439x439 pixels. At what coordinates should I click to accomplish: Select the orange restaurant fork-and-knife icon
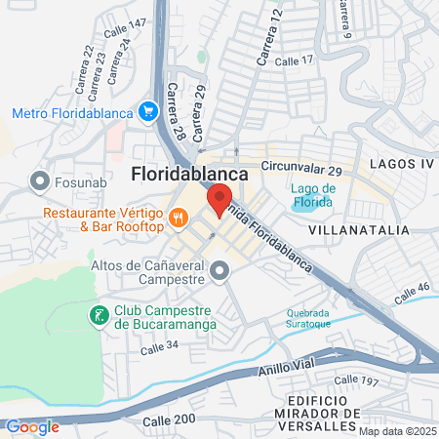point(178,219)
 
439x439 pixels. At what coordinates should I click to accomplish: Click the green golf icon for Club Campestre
point(99,315)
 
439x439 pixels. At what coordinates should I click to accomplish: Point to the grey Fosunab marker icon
point(40,180)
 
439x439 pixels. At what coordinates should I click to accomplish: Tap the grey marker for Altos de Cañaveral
point(220,270)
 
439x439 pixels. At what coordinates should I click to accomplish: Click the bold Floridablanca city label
point(189,174)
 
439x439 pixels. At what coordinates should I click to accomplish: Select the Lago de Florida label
point(313,195)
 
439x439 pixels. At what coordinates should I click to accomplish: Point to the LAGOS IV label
point(400,164)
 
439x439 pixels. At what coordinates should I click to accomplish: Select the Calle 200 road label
point(172,419)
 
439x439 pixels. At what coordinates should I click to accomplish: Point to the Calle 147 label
point(126,23)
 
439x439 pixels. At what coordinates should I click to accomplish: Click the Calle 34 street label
point(159,345)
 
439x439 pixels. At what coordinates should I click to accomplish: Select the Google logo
point(32,426)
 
